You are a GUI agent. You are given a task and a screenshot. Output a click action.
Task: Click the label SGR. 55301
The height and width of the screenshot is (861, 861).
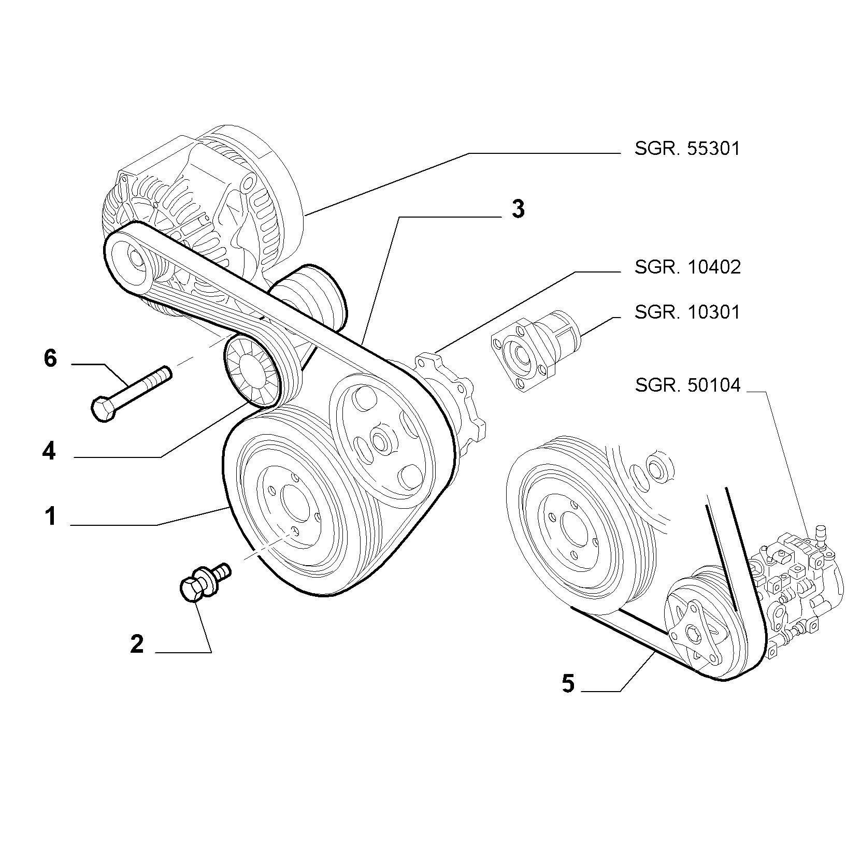tap(687, 149)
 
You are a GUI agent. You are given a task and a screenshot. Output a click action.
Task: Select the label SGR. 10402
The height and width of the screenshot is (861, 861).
tap(687, 267)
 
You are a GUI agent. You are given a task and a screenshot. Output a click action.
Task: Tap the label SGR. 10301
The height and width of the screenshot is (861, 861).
tap(687, 312)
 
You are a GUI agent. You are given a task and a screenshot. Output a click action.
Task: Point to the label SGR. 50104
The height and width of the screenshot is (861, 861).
tap(687, 385)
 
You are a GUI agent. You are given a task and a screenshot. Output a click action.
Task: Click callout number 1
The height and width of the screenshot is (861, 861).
tap(50, 516)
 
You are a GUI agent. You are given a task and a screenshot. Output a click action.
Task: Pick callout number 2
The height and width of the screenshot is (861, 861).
tap(137, 643)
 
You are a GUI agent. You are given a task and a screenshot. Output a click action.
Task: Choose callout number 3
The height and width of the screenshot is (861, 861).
tap(518, 209)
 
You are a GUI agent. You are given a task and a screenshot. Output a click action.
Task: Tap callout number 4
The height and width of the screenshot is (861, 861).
tap(49, 452)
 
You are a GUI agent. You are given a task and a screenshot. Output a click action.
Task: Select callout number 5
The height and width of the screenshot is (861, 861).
tap(568, 684)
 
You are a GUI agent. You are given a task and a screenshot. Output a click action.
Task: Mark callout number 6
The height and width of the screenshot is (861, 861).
tap(50, 358)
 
